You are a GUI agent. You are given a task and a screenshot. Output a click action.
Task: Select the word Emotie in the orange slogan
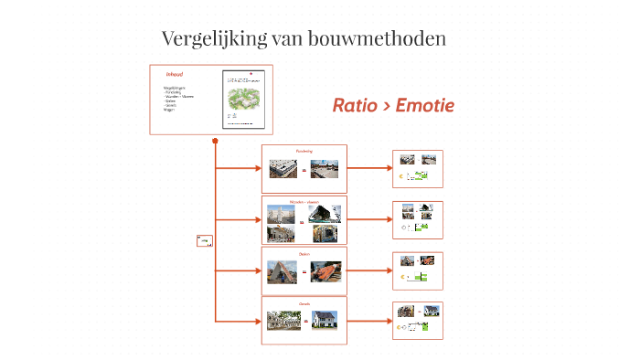click(x=423, y=106)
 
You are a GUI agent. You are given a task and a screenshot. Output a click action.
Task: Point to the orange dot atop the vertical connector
click(x=215, y=141)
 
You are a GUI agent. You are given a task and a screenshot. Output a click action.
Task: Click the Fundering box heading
click(x=304, y=151)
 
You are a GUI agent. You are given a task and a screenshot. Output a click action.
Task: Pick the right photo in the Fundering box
click(x=325, y=169)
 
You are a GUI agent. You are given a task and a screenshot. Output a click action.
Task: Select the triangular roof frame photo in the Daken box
click(x=283, y=270)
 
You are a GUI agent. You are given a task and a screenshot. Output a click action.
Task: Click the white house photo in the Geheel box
click(x=325, y=320)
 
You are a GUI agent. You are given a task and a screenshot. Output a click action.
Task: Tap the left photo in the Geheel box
click(x=283, y=320)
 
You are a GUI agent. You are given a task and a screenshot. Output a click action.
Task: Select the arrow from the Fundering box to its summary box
click(x=368, y=169)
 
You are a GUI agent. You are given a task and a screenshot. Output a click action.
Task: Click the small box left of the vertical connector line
click(x=203, y=241)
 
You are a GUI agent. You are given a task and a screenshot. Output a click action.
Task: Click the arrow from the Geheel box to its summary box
click(x=368, y=321)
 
